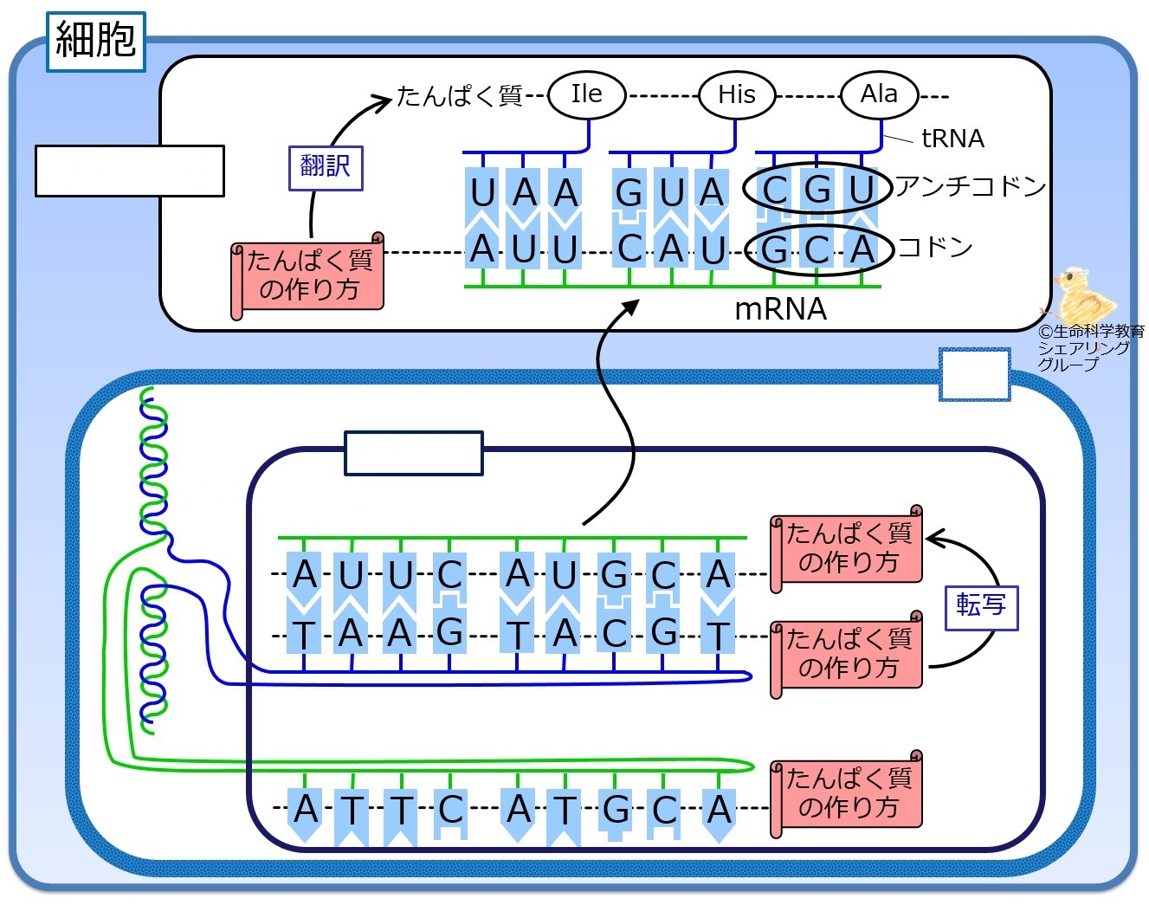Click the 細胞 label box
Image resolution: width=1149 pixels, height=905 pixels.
[x=96, y=42]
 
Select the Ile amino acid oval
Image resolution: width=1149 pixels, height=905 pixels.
[x=587, y=95]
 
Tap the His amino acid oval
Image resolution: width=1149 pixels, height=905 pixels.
[x=737, y=95]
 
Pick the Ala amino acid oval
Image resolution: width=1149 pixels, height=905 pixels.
[x=880, y=94]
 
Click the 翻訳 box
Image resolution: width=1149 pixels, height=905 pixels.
[x=326, y=168]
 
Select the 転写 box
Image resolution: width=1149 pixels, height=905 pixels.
[x=981, y=608]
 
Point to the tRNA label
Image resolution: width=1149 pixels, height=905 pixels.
[x=953, y=139]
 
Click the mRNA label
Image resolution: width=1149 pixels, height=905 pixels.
[x=781, y=309]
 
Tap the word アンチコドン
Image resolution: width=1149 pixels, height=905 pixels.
[x=970, y=186]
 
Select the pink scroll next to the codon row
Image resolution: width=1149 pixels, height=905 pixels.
[x=307, y=276]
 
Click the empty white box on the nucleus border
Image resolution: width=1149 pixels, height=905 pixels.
[x=414, y=453]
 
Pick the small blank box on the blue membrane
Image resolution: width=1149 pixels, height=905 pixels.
[x=974, y=374]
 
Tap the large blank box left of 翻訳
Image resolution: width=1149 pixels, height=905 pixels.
[x=130, y=171]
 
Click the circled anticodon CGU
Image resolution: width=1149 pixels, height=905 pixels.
[x=817, y=188]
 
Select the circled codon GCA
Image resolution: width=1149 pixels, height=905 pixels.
[x=818, y=249]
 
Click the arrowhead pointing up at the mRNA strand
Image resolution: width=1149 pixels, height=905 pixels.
[x=630, y=307]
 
